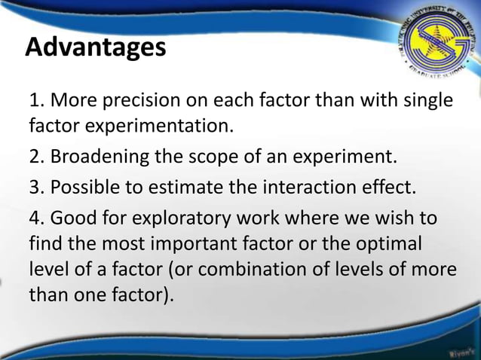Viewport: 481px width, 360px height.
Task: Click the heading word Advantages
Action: click(95, 48)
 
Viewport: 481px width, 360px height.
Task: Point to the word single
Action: click(427, 101)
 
